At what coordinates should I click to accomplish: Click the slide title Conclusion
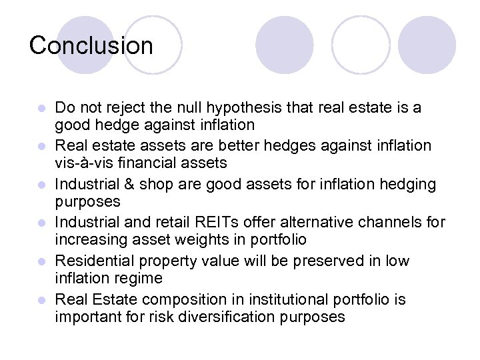(91, 45)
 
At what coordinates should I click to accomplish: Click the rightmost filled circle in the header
(427, 45)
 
